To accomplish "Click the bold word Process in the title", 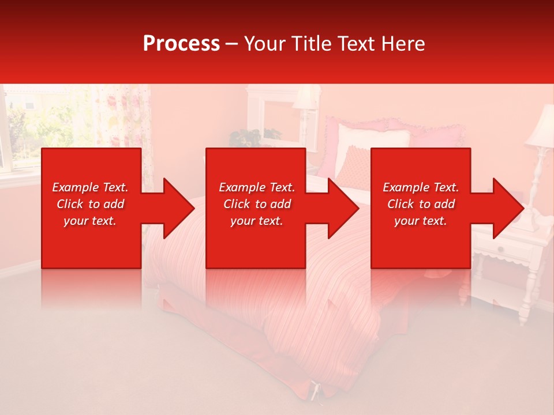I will (181, 44).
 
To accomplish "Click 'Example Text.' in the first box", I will (91, 187).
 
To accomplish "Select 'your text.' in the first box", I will (91, 221).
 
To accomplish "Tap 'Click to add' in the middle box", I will (257, 204).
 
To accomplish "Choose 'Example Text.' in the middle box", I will (257, 187).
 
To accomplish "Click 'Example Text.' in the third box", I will (421, 187).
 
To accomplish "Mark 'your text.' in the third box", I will (421, 221).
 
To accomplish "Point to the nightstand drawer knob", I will (500, 250).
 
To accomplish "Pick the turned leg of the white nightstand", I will (525, 300).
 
